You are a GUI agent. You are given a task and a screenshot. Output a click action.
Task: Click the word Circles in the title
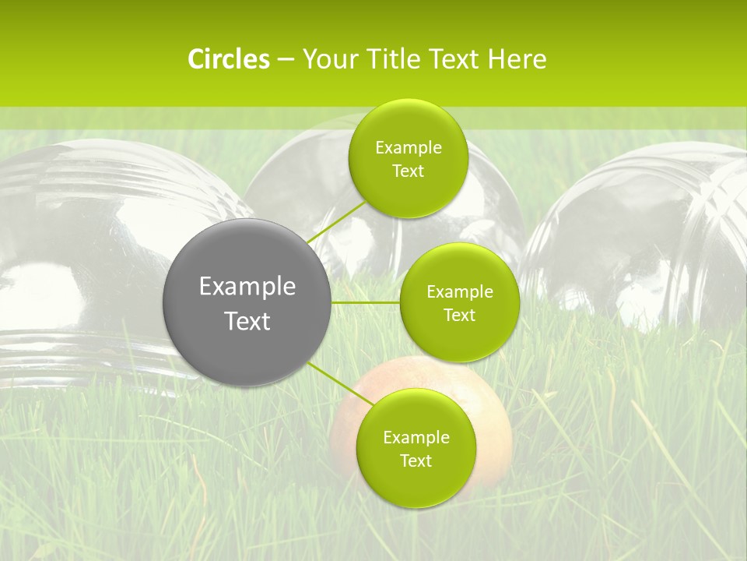tap(228, 59)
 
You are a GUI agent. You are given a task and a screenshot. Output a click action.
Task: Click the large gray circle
tap(247, 343)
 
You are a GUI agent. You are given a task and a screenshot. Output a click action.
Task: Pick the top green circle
tap(408, 125)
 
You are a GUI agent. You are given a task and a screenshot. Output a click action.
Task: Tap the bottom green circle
tap(416, 483)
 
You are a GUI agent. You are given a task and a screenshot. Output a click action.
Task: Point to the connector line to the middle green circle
tap(366, 302)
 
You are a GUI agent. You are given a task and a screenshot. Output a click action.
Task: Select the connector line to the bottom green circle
tap(333, 380)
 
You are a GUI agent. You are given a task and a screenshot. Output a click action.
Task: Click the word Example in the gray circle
tap(247, 287)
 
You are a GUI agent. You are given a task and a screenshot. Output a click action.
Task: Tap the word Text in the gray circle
tap(247, 321)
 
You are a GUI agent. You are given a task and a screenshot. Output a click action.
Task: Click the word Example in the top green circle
tap(408, 148)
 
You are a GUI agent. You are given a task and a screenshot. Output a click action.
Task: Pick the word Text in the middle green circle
tap(460, 316)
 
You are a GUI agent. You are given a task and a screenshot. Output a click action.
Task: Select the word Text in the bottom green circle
tap(416, 461)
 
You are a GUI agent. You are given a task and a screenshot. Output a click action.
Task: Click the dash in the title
tap(286, 60)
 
